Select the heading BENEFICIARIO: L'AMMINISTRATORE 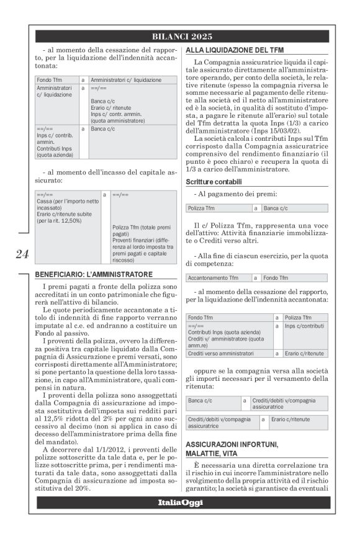[94, 274]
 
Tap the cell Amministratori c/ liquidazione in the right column [126, 80]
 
